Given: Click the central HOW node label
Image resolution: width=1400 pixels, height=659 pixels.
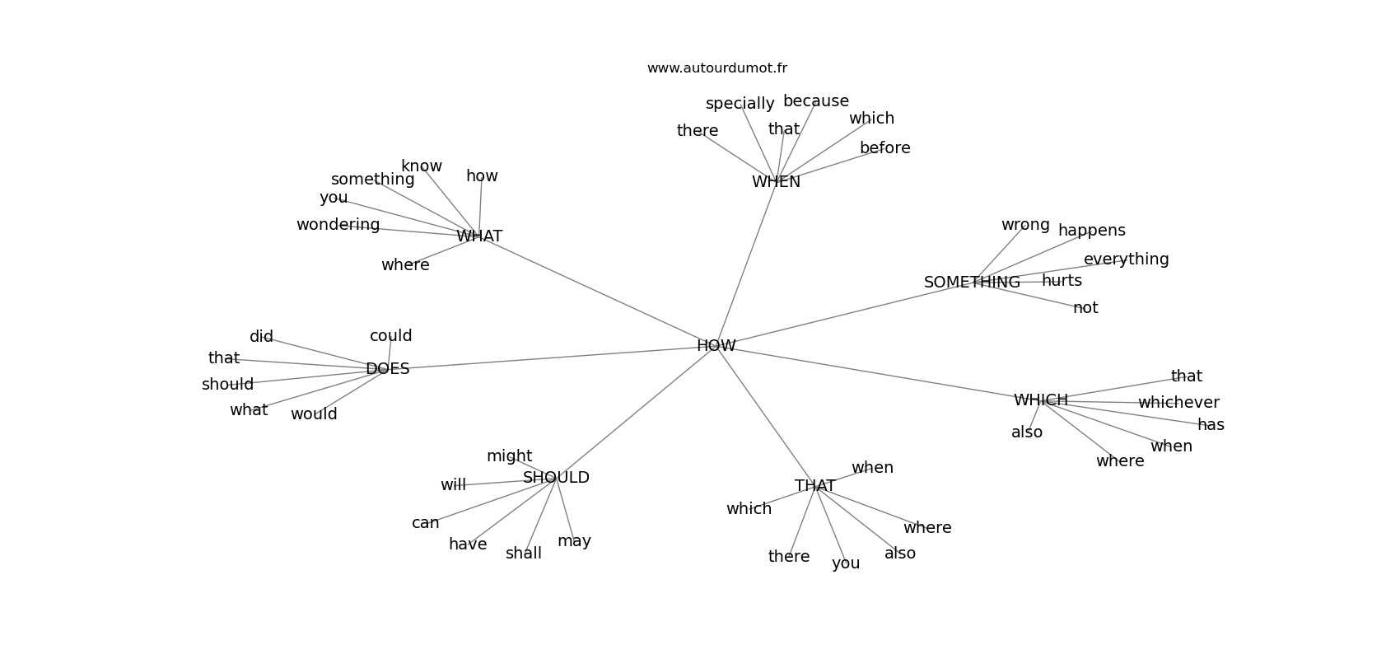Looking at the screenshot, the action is [716, 346].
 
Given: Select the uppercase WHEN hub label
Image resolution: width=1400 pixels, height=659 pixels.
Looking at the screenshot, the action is [776, 182].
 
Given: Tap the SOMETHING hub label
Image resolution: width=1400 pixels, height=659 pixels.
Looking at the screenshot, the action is [972, 283].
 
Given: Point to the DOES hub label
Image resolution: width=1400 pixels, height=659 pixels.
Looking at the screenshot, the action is [388, 369].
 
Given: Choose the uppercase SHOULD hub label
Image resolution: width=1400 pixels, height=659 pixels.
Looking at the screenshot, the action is [556, 478].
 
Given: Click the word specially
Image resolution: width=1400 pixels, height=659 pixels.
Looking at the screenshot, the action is [740, 104].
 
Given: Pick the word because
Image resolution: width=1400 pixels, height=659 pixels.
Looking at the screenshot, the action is [815, 101].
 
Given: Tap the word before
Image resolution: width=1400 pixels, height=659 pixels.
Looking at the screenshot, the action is [885, 148].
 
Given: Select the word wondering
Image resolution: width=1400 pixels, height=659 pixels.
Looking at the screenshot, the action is [338, 225].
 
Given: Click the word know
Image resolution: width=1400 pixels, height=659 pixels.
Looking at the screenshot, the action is [422, 166].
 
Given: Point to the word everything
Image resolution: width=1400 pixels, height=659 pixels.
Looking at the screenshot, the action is [1127, 259].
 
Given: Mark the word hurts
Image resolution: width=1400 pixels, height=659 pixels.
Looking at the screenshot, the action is [1062, 281].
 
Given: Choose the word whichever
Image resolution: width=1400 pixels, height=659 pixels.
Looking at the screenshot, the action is [1178, 403].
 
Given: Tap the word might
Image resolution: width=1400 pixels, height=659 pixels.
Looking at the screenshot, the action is [510, 456].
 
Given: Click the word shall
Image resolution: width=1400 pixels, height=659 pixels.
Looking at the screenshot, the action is [524, 554].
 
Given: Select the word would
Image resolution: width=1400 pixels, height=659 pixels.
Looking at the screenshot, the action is [314, 414].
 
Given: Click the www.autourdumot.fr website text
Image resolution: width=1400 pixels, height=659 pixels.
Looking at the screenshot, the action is [716, 68].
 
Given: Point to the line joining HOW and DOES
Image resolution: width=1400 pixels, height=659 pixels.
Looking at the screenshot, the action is [552, 358].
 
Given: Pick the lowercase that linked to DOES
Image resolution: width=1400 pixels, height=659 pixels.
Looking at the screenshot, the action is [224, 358].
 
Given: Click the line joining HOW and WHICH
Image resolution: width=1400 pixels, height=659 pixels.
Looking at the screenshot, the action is [878, 372].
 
